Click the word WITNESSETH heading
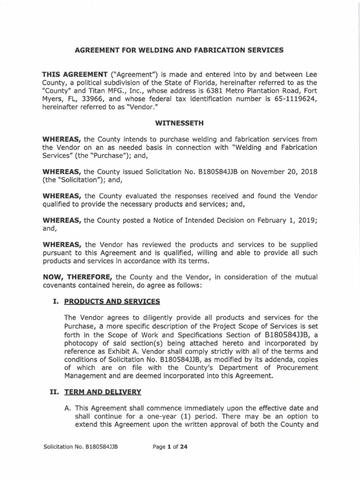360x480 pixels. point(180,123)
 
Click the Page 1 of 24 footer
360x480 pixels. point(170,447)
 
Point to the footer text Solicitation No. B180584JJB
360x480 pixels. point(80,447)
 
